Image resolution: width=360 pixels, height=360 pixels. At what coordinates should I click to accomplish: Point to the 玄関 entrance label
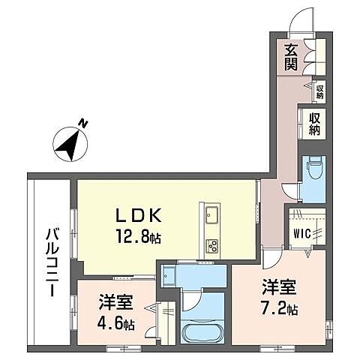(x=292, y=57)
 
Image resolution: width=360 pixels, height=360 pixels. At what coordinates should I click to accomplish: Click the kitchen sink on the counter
(x=210, y=217)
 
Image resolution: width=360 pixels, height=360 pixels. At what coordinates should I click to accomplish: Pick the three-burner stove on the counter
(x=211, y=244)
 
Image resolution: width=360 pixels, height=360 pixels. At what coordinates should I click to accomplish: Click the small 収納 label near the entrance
(x=319, y=91)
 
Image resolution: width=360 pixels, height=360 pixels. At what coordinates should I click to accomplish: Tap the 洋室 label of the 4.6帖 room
(x=116, y=304)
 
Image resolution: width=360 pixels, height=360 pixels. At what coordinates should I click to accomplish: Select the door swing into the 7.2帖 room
(x=271, y=259)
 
